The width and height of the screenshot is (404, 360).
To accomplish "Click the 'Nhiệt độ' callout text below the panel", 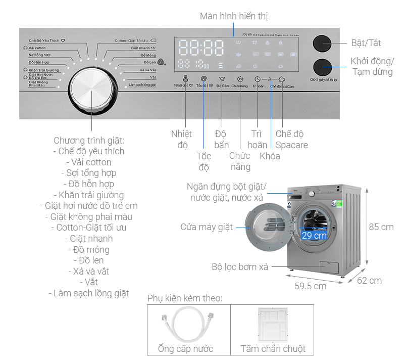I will [181, 140].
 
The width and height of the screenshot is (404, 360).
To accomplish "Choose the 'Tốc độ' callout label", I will [204, 162].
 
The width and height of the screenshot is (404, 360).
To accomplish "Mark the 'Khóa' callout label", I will [270, 156].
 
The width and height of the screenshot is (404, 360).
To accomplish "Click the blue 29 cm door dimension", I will [314, 236].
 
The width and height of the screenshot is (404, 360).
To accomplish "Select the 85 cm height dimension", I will [381, 227].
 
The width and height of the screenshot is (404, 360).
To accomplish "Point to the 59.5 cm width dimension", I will [310, 286].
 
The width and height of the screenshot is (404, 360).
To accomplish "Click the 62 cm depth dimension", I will [369, 281].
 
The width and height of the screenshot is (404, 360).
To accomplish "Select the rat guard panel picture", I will [272, 324].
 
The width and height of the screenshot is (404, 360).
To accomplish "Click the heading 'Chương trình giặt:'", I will [89, 140].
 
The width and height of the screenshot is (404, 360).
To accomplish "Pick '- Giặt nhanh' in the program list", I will [89, 239].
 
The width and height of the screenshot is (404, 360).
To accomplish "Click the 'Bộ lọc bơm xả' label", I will [240, 266].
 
